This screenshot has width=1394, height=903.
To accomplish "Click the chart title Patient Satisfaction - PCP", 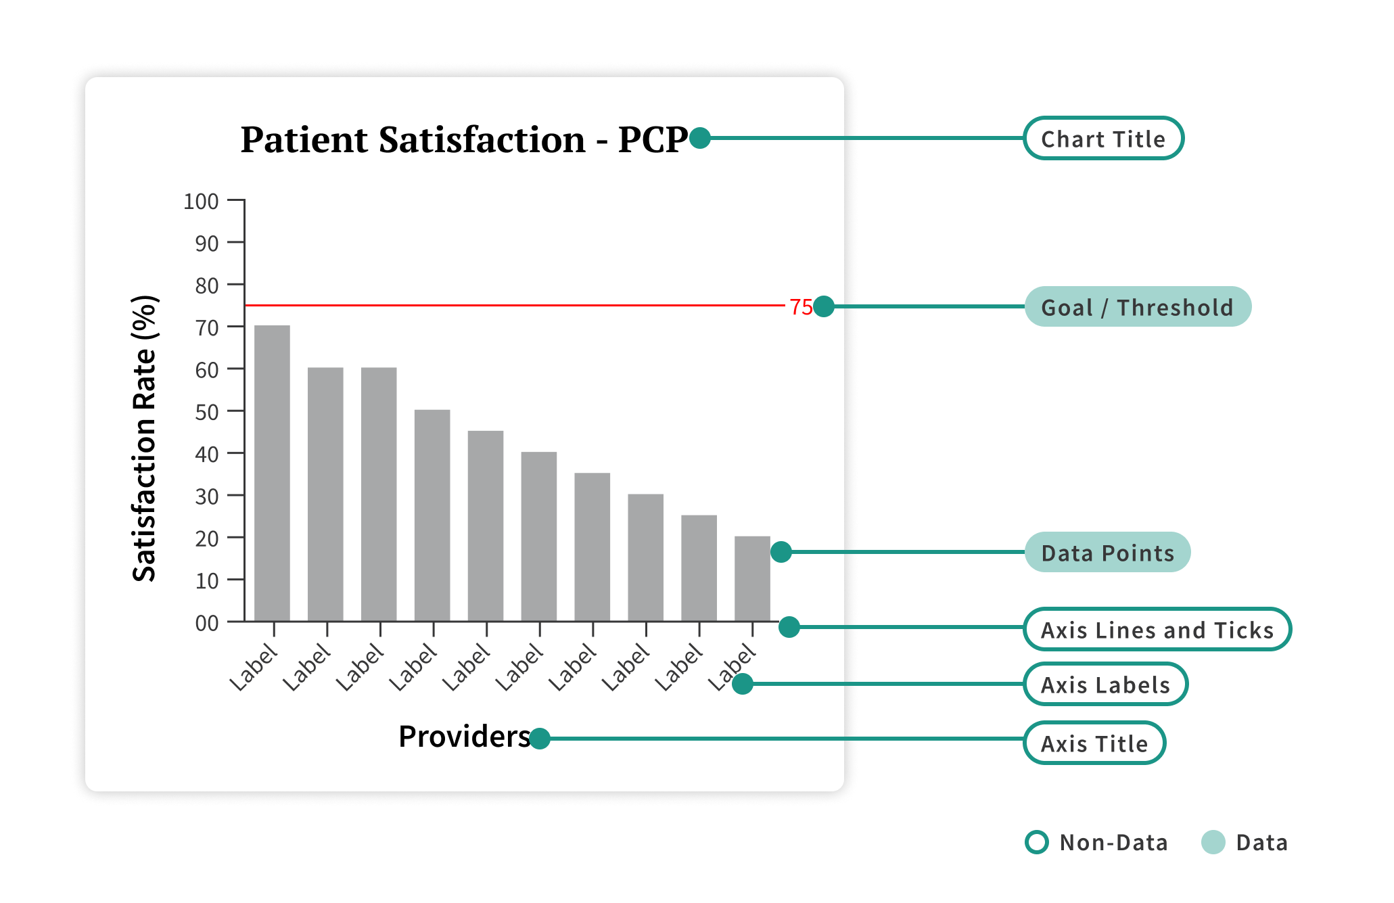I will coord(464,140).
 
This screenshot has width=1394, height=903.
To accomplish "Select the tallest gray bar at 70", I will coord(272,473).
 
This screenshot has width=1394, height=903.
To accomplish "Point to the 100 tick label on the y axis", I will coord(201,202).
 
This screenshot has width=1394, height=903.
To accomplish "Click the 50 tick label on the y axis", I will coord(206,413).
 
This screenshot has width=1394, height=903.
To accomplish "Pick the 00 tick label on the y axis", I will coord(206,623).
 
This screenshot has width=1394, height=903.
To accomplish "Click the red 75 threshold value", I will coord(801,307).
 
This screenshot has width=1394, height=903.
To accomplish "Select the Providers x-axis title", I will coord(464,737).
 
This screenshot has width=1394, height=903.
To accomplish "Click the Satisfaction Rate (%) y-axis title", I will coord(145,438).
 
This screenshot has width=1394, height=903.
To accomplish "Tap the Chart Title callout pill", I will coord(1103,139).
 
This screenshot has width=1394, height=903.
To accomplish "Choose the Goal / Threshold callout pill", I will coord(1138,307).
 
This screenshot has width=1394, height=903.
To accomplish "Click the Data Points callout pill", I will coord(1107,553).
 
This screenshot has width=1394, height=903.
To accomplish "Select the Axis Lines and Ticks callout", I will coord(1157,630).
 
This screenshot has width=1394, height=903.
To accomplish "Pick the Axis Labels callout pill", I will coord(1105,685).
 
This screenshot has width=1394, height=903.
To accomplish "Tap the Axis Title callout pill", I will coord(1094,743).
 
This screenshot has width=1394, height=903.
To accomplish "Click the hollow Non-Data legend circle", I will coord(1037,842).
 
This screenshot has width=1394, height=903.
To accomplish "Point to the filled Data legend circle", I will coord(1213,842).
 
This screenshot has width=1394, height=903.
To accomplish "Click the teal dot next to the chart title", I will coord(700,138).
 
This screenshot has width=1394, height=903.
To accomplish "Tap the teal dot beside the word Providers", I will coord(540,739).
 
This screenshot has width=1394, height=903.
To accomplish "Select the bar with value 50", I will coord(432,515).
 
